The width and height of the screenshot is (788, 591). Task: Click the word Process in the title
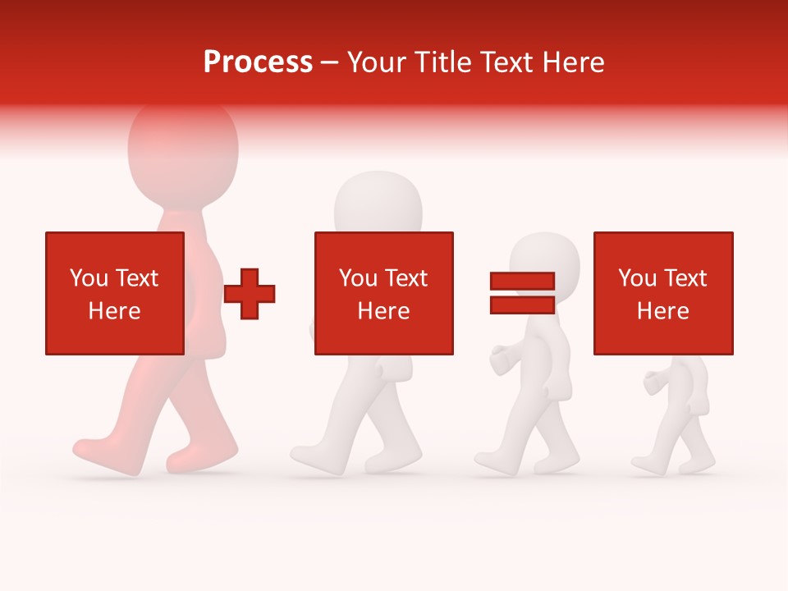point(258,62)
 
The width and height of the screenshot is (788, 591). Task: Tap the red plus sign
point(250,294)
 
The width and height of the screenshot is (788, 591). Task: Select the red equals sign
point(522,293)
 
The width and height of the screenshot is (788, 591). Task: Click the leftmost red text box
point(115,293)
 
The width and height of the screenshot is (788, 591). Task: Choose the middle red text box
point(383,293)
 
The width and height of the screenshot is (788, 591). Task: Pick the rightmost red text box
point(663,293)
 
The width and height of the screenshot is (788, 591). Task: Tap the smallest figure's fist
point(653,383)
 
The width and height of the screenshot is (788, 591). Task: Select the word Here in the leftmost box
point(115,311)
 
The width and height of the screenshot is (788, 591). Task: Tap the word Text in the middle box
point(406,278)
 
